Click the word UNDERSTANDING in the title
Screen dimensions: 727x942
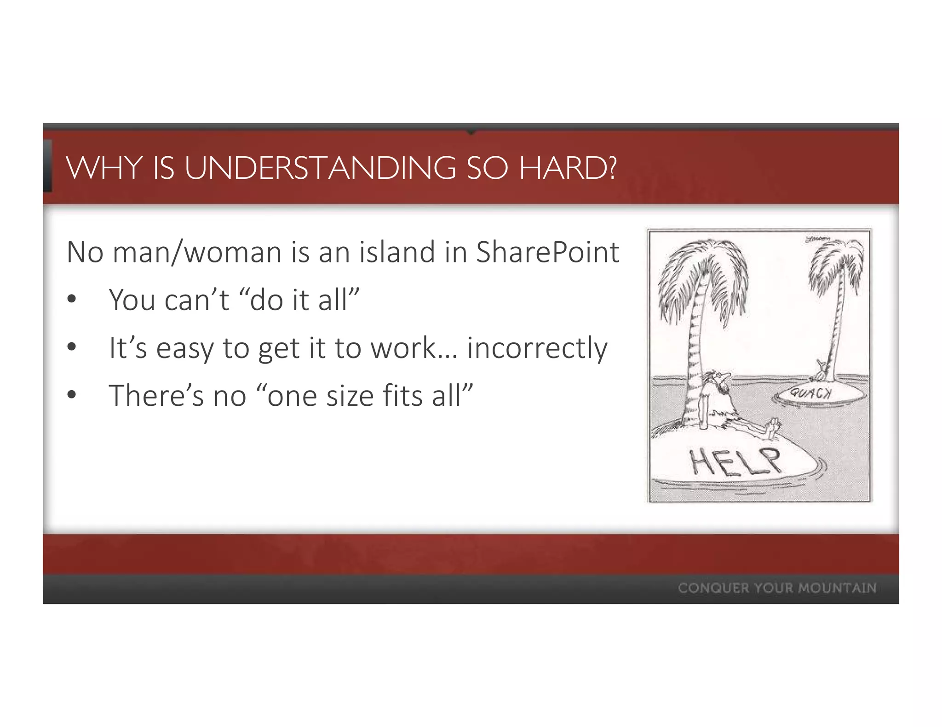tap(320, 168)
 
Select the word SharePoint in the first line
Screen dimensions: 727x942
tap(547, 252)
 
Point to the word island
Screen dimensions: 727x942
tap(396, 252)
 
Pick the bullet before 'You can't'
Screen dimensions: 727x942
tap(71, 300)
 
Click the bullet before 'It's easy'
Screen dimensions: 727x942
tap(71, 347)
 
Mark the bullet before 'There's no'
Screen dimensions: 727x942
tap(71, 395)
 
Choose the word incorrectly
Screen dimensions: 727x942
tap(537, 348)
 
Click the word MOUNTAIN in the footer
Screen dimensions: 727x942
tap(837, 588)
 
